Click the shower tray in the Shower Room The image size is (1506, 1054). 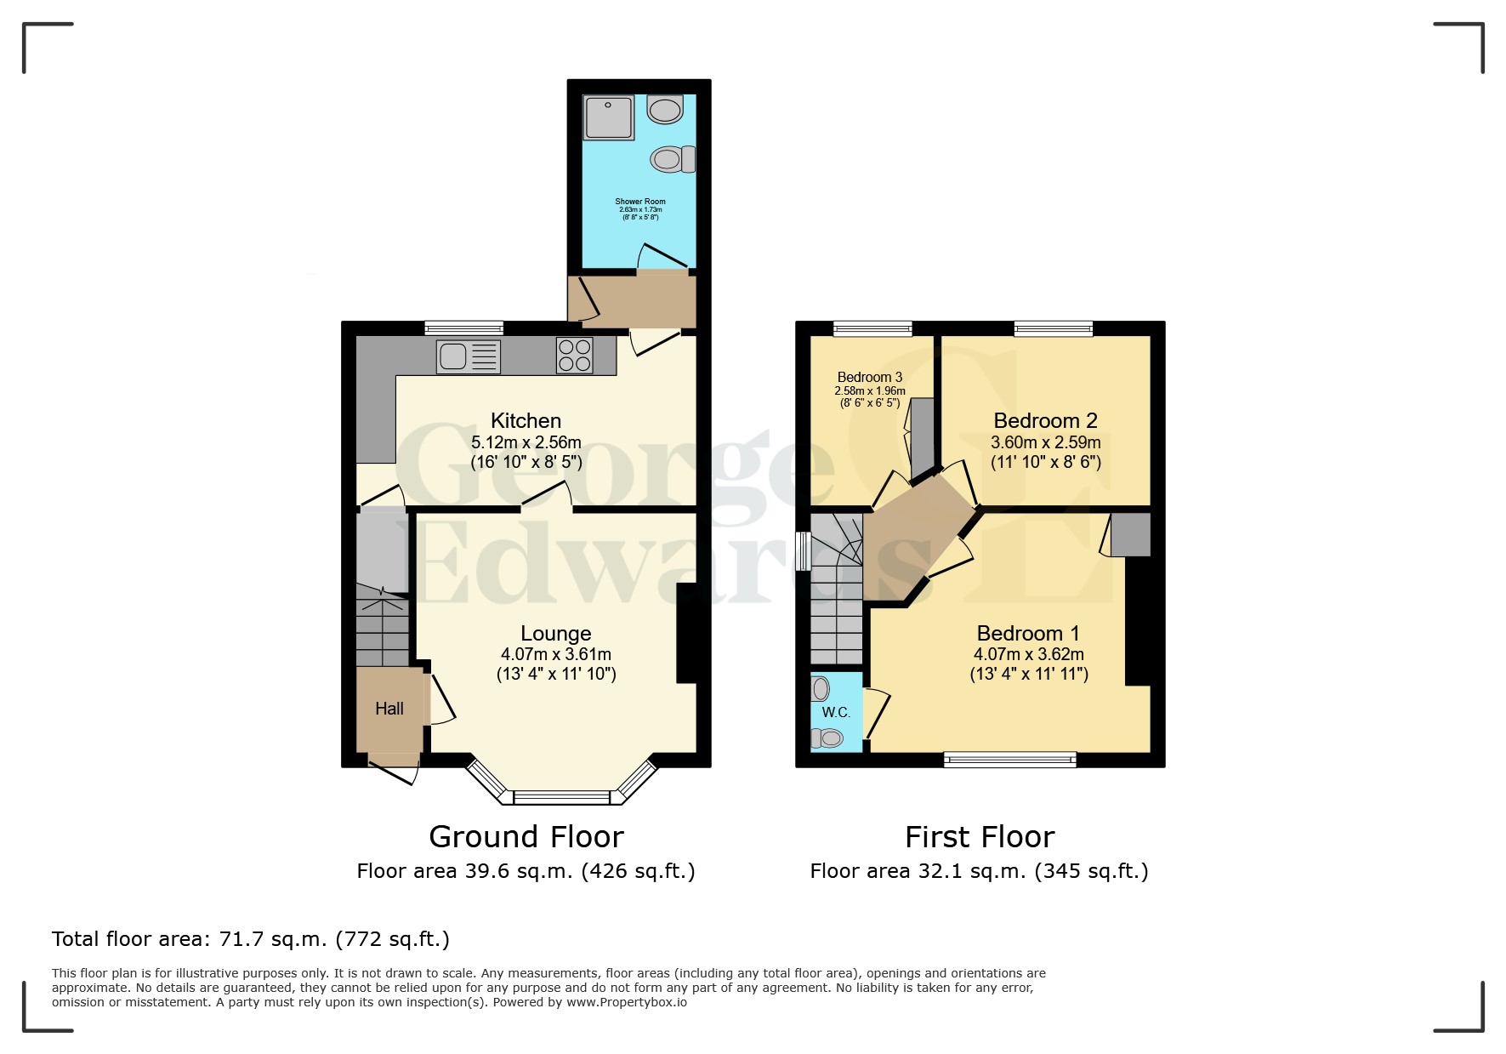pos(609,117)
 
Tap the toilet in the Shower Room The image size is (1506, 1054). pos(673,159)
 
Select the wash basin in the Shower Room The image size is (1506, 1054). pos(665,109)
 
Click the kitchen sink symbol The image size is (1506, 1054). pos(468,356)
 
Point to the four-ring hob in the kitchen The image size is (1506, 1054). pos(574,356)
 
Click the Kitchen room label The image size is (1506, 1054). pos(526,420)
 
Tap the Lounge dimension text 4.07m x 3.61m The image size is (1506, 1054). pos(555,654)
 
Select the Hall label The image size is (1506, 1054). pos(389,709)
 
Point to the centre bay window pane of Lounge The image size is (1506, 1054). pos(562,798)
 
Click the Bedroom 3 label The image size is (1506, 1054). pos(869,377)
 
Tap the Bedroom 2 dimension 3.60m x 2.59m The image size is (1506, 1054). pos(1045,442)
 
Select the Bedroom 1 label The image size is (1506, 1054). pos(1027,633)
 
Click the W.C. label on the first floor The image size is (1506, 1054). pos(835,713)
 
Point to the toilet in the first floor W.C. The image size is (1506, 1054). pos(828,738)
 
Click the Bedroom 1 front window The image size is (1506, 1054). pos(1010,760)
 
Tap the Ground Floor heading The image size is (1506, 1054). pos(526,837)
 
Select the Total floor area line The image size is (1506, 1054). pos(250,939)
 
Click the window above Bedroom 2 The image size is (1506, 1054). pos(1053,328)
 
